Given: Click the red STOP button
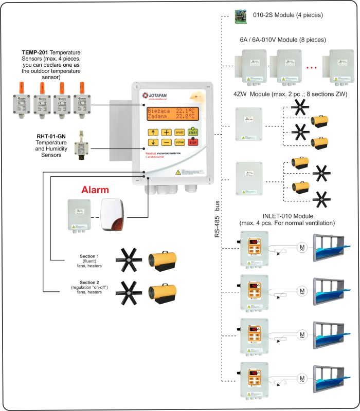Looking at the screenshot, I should (x=193, y=142).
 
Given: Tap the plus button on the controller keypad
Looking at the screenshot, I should (x=166, y=132).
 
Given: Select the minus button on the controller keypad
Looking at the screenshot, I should (x=166, y=142).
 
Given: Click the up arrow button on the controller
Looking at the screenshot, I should (x=153, y=132).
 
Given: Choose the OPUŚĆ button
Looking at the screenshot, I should (x=179, y=132).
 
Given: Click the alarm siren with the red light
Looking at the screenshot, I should (x=113, y=215).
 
